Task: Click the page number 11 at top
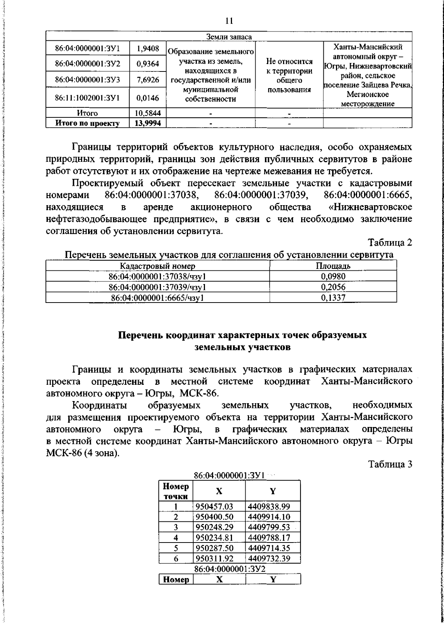(x=229, y=21)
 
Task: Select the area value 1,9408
(x=148, y=48)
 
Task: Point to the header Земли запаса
(x=229, y=37)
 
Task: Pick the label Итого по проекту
(x=88, y=123)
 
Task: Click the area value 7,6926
(x=148, y=79)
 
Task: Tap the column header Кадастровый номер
(x=158, y=266)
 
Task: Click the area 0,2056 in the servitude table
(x=333, y=287)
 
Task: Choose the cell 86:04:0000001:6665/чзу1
(x=158, y=298)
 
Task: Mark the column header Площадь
(x=333, y=266)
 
